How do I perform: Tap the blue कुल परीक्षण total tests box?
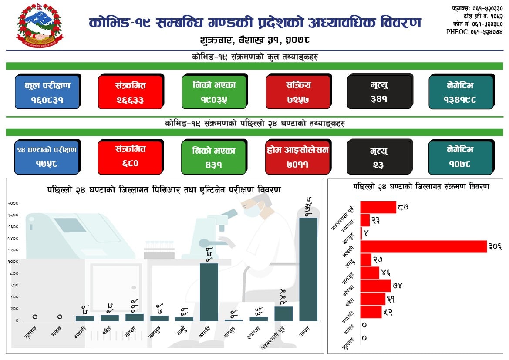click(47, 92)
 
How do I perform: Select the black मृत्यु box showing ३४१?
click(379, 92)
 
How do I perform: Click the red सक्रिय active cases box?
click(298, 92)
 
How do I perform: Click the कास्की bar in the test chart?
click(209, 292)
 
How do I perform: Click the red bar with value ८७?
click(378, 207)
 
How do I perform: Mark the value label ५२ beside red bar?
click(388, 312)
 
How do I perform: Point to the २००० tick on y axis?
click(13, 203)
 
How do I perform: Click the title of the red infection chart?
click(421, 187)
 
